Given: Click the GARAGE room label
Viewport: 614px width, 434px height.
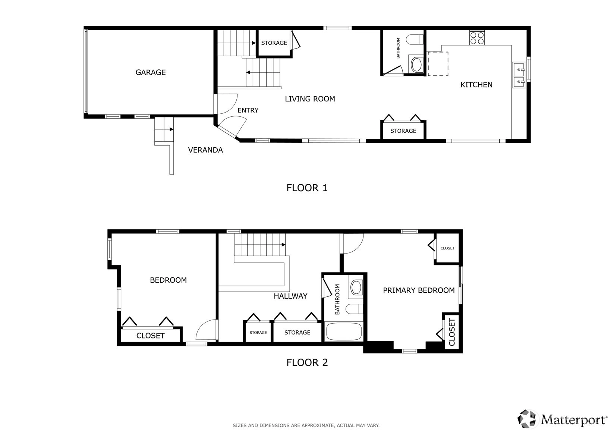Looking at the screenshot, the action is click(x=151, y=72).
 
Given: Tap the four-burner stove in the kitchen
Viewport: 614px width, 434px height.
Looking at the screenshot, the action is click(x=477, y=38).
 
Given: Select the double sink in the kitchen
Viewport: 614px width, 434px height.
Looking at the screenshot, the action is click(x=519, y=75).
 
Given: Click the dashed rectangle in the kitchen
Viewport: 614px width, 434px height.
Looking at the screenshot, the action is click(x=438, y=64).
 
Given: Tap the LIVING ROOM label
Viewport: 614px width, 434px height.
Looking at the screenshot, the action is click(x=310, y=99).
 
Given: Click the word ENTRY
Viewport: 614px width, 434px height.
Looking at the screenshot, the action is click(x=248, y=110).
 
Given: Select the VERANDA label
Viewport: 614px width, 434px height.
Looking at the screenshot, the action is click(x=205, y=150).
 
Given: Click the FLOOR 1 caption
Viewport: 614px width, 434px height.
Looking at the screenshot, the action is click(x=307, y=188).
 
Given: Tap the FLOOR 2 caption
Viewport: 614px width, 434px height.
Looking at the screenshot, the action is click(x=307, y=362).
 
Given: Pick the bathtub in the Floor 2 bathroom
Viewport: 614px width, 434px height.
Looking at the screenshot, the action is click(x=344, y=332).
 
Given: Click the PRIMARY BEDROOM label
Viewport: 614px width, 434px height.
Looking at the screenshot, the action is click(x=419, y=290).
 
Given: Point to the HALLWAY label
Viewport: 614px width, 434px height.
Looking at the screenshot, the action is click(x=290, y=296).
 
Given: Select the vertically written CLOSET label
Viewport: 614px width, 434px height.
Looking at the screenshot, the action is click(x=452, y=332).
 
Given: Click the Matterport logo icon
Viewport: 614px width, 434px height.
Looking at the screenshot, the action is click(x=526, y=419).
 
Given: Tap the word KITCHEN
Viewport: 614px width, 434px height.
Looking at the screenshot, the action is click(x=476, y=85).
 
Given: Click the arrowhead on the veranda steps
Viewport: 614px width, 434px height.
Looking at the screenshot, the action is click(x=171, y=129).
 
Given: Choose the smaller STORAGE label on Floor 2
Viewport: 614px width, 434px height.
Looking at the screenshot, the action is click(x=258, y=333).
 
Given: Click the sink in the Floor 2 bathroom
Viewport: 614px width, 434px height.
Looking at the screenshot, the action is click(x=356, y=287).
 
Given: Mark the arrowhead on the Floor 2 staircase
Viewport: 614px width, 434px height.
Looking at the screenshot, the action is click(x=284, y=245).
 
